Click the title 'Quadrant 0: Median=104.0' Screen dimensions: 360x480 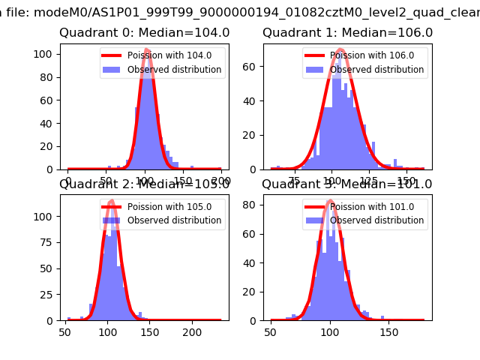pyautogui.click(x=144, y=33)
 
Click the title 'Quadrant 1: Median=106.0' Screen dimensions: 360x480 pyautogui.click(x=347, y=33)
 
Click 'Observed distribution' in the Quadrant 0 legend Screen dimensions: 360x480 pyautogui.click(x=174, y=70)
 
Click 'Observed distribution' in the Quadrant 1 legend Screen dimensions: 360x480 pyautogui.click(x=376, y=70)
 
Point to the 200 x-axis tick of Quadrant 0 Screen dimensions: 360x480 pyautogui.click(x=221, y=181)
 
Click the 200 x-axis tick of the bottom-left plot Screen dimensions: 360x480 pyautogui.click(x=193, y=331)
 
